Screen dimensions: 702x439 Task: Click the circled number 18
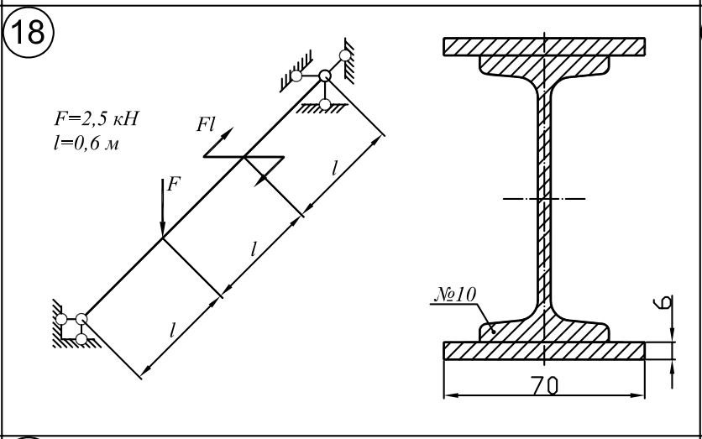(29, 32)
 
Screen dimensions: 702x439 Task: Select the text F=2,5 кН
(97, 119)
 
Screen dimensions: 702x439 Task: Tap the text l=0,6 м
(86, 144)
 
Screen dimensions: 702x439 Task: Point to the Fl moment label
(206, 124)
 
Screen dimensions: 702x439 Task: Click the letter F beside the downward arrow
(174, 184)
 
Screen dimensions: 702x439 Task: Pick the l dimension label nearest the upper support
(334, 169)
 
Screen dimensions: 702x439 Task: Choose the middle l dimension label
(254, 248)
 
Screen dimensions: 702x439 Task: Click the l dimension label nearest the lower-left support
(172, 331)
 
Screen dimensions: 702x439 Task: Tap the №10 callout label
(455, 295)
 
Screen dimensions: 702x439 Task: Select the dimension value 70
(545, 386)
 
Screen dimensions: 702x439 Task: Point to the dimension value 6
(666, 301)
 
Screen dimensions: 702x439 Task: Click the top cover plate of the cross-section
(544, 46)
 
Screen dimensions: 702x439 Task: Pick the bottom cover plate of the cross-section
(544, 350)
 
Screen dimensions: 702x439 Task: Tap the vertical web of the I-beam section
(544, 198)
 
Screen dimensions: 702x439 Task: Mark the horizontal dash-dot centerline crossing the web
(544, 198)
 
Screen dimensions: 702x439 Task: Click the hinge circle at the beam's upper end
(325, 76)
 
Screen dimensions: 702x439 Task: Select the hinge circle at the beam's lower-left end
(81, 319)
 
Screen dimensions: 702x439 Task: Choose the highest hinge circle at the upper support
(345, 55)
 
